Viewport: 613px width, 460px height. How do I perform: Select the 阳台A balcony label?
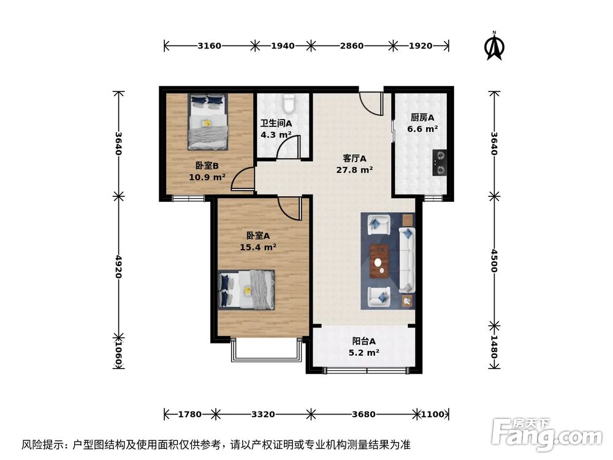click(364, 342)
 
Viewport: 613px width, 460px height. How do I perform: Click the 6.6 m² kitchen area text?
click(422, 129)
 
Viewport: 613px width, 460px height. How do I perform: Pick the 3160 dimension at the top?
click(210, 45)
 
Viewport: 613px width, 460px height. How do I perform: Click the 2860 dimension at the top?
click(352, 45)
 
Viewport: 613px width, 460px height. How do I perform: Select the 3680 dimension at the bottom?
click(364, 415)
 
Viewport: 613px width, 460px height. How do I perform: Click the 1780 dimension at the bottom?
click(189, 415)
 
